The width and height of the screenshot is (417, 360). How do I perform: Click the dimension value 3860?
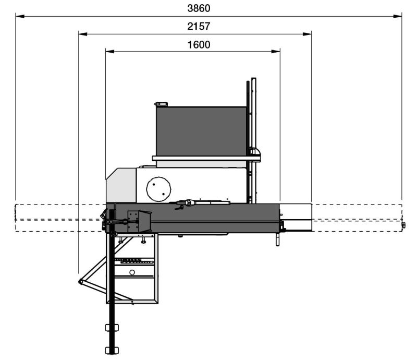click(x=199, y=8)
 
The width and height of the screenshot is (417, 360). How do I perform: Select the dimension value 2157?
click(x=199, y=27)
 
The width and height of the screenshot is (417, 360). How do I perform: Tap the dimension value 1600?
click(x=199, y=45)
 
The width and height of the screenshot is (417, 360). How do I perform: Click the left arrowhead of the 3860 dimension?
click(x=20, y=16)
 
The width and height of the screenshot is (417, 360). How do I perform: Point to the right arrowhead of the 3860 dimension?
click(x=397, y=16)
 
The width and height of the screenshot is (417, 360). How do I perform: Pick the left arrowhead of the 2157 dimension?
click(x=83, y=34)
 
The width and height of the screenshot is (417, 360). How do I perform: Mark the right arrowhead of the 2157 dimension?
click(x=307, y=34)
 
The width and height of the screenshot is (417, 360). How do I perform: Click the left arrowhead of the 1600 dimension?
click(x=110, y=51)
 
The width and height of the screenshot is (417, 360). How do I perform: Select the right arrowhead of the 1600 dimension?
click(x=276, y=51)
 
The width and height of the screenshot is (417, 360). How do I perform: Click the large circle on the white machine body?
click(x=158, y=189)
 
